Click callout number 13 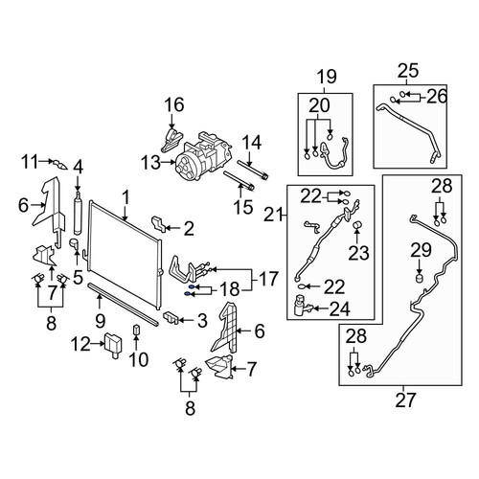[x=151, y=163]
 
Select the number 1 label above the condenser [x=126, y=197]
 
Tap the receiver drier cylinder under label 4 [x=78, y=213]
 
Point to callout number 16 [x=174, y=104]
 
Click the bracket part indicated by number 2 [x=158, y=223]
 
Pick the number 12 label [x=80, y=344]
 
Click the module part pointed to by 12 [x=113, y=344]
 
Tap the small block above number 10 [x=136, y=329]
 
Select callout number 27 [x=406, y=400]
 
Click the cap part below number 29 [x=419, y=278]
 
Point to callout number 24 [x=340, y=308]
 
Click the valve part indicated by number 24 [x=302, y=307]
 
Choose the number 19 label [x=327, y=77]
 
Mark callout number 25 [x=408, y=71]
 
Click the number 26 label [x=437, y=97]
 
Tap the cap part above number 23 [x=357, y=224]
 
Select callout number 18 [x=229, y=289]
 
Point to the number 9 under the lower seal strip [x=100, y=320]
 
